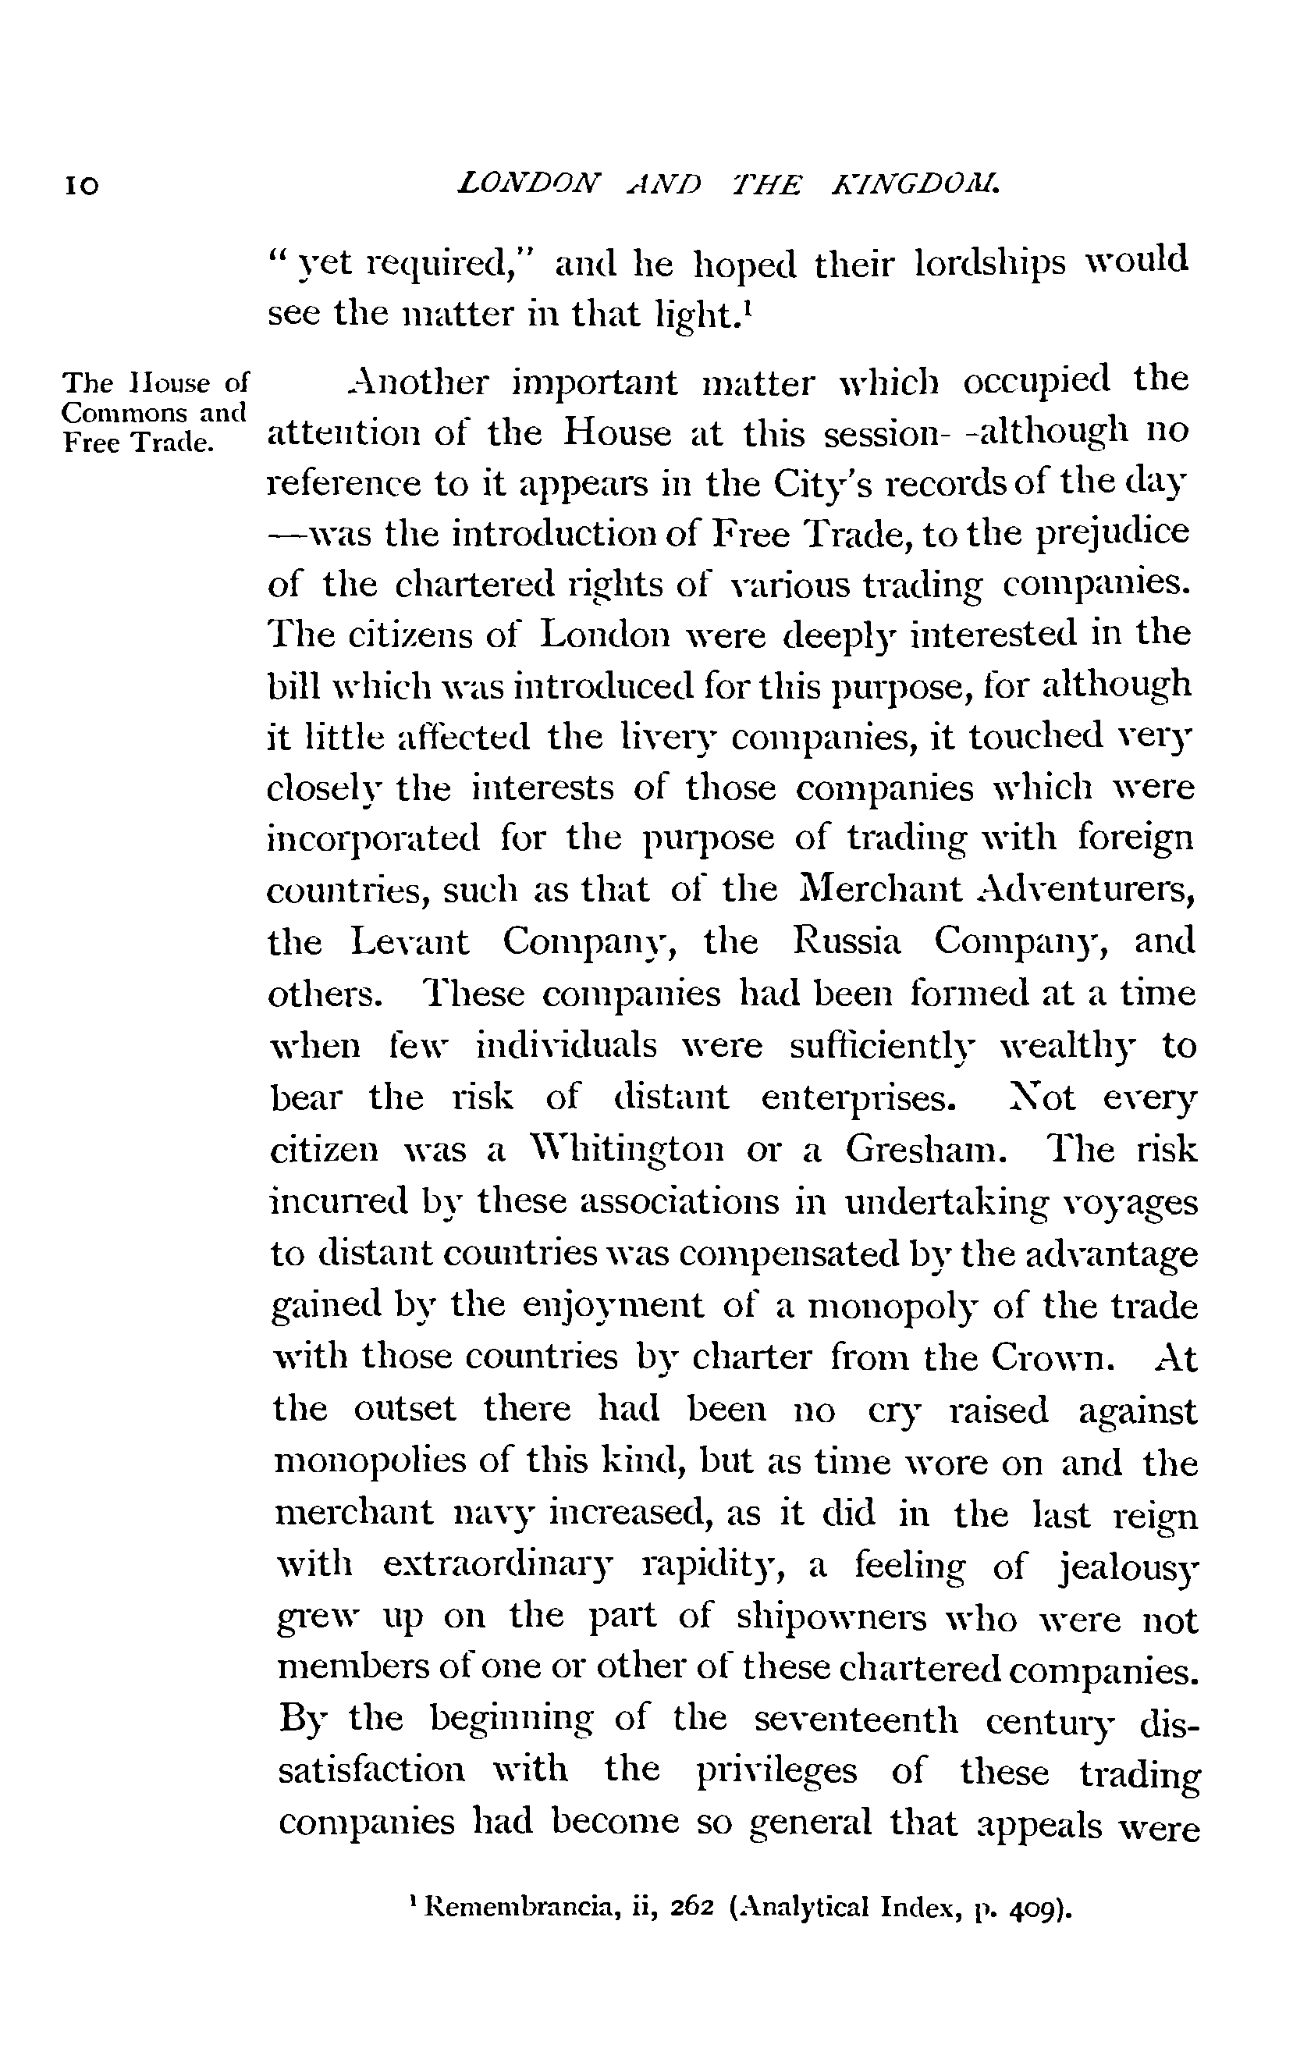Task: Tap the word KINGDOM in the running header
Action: (x=916, y=183)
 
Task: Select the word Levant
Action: (x=410, y=941)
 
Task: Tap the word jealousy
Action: (x=1129, y=1567)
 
